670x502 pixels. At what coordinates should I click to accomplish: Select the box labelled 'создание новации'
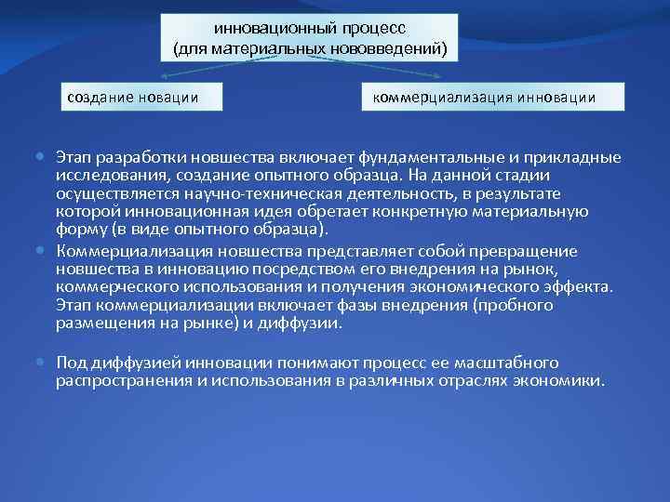tap(135, 97)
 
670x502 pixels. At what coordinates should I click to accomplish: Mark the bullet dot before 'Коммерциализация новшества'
tap(46, 251)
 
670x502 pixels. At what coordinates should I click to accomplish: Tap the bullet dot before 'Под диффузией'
tap(46, 362)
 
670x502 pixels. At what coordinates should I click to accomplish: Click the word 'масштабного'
tap(510, 363)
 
